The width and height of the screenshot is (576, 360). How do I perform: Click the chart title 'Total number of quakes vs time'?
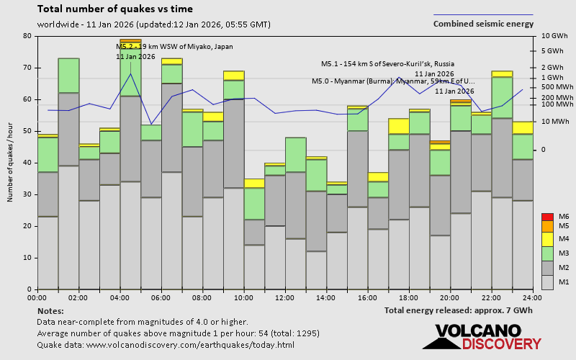tap(114, 9)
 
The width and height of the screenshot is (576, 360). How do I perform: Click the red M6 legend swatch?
tap(546, 217)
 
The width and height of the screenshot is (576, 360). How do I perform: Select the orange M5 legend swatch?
tap(546, 227)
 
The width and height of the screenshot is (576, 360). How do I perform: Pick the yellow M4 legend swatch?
tap(546, 238)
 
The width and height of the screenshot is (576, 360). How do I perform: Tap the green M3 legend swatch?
tap(546, 253)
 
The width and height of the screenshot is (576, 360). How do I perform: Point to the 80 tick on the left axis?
tap(27, 36)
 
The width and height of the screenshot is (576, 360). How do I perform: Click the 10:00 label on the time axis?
tap(243, 297)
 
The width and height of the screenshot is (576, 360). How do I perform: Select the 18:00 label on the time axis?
tap(408, 297)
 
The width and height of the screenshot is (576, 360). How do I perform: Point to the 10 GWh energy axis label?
tap(554, 36)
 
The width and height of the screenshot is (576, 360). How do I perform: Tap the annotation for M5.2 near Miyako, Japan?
tap(174, 47)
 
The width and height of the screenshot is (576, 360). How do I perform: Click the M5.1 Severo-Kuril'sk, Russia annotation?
tap(387, 64)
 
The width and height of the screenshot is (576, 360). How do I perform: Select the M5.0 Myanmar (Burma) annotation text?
tap(393, 81)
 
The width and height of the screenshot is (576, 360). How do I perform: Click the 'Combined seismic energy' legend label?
tap(483, 24)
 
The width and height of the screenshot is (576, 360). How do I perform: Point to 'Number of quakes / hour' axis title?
tap(11, 163)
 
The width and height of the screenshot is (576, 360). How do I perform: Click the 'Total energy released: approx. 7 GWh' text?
tap(459, 310)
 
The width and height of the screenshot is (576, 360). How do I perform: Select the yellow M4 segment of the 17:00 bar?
tap(398, 126)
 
